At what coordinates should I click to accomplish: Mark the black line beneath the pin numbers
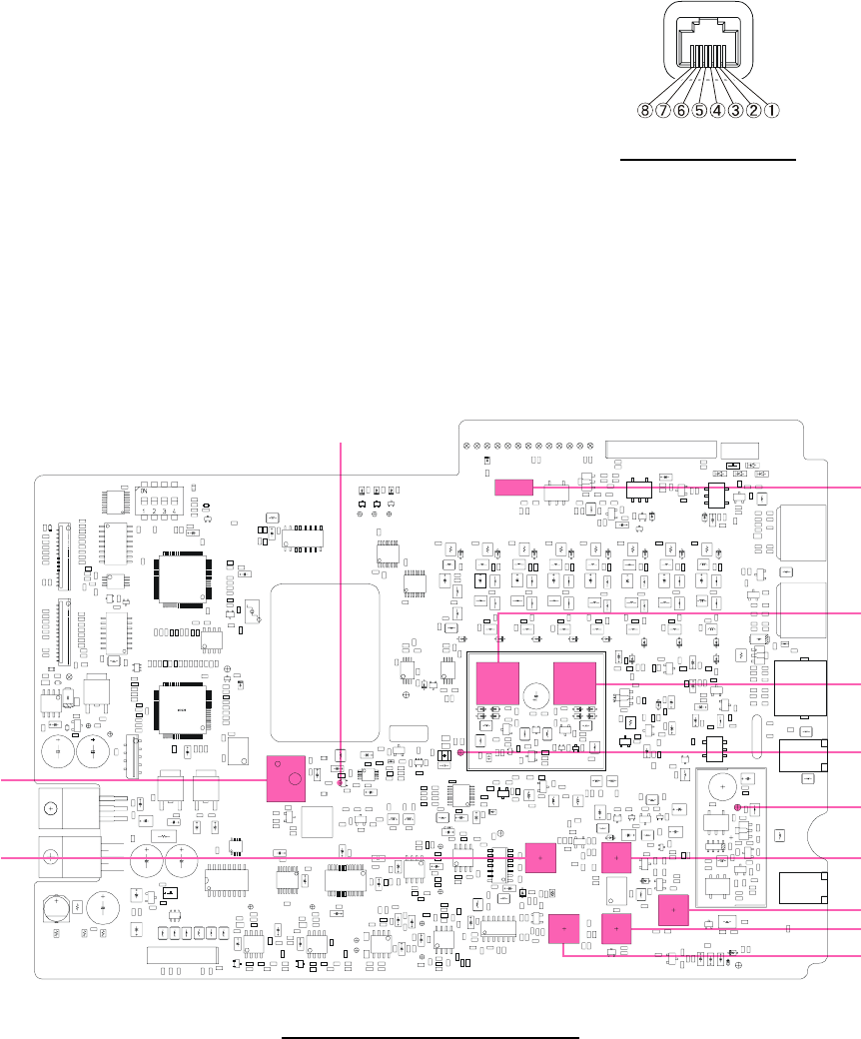tap(708, 158)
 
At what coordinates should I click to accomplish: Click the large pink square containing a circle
tap(288, 778)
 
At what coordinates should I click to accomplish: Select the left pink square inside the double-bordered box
tap(497, 682)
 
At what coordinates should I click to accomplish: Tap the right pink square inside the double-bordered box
tap(573, 682)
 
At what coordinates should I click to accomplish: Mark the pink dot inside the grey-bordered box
tap(737, 805)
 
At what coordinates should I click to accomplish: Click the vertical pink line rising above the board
tap(343, 599)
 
